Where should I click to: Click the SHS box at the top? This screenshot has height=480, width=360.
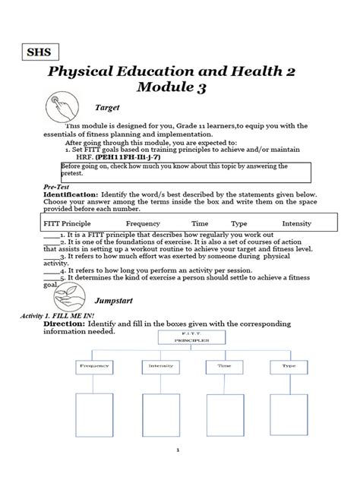(x=38, y=53)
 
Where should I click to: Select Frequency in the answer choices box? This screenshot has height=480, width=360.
(x=143, y=225)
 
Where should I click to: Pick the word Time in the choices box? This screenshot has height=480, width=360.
(x=200, y=225)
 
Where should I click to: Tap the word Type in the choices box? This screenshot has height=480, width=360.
(x=239, y=225)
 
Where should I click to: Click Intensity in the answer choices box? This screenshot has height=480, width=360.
(x=296, y=225)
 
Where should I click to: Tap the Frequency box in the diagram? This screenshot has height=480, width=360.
(x=95, y=366)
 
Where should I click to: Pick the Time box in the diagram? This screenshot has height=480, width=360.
(x=223, y=366)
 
